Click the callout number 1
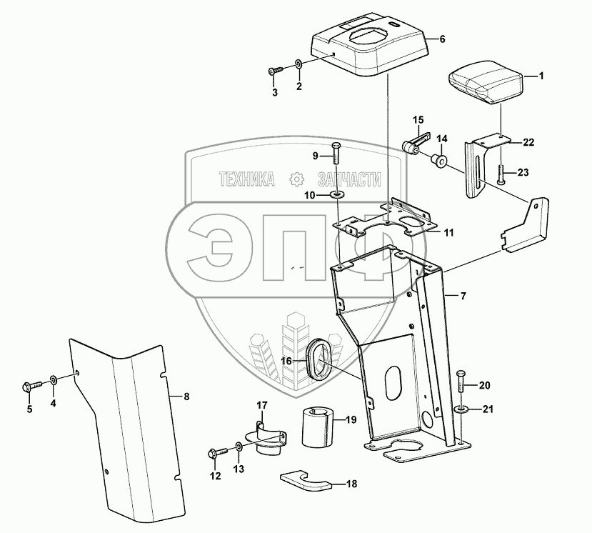pyautogui.click(x=541, y=75)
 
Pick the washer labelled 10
pyautogui.click(x=336, y=195)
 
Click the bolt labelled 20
pyautogui.click(x=459, y=384)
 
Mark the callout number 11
pyautogui.click(x=448, y=232)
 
